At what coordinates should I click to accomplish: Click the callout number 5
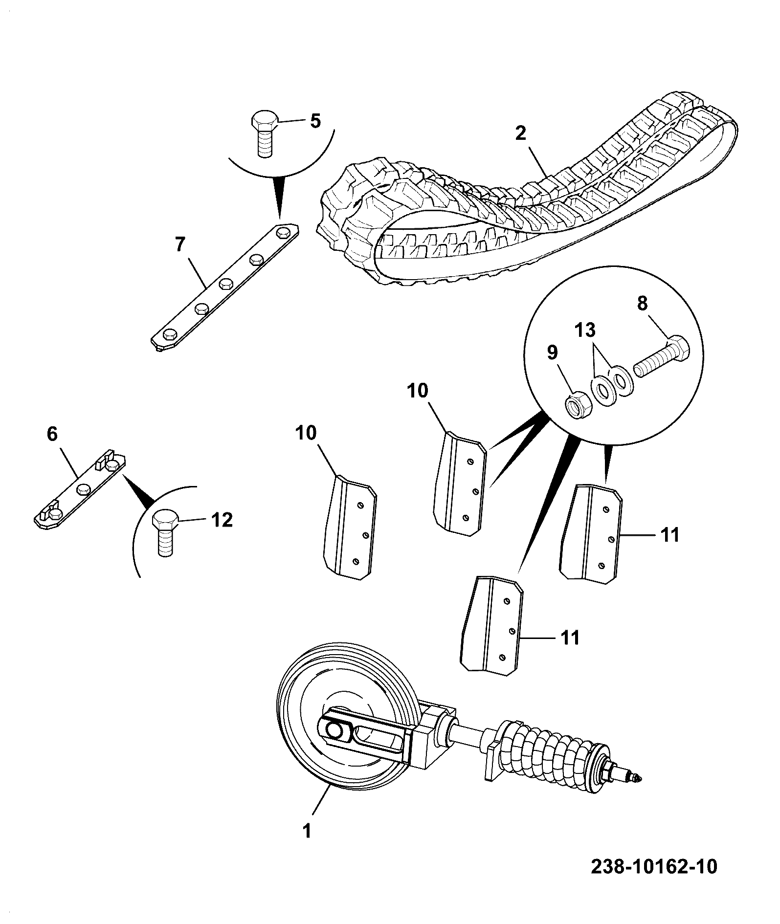coord(315,120)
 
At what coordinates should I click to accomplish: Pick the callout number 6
coord(52,434)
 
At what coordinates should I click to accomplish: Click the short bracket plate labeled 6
coord(79,489)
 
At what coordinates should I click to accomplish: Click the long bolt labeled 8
coord(661,356)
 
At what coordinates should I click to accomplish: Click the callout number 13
coord(585,330)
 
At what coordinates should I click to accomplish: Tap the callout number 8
coord(642,304)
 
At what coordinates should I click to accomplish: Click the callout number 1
coord(307,831)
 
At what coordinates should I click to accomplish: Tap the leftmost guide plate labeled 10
coord(350,528)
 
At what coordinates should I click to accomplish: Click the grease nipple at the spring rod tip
coord(637,777)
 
